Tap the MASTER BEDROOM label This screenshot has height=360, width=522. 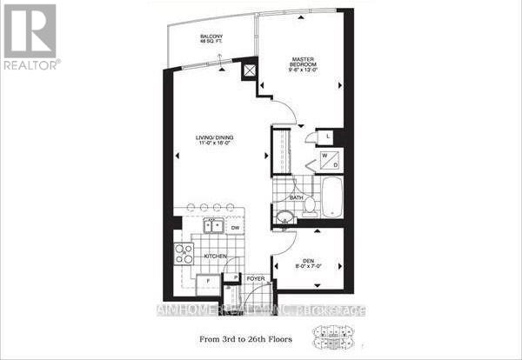301,65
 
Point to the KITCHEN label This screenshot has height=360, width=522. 216,257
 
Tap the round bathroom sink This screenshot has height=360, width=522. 284,217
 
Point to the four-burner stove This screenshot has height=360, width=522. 184,254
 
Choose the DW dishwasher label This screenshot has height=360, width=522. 236,228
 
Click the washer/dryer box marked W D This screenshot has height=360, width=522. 326,159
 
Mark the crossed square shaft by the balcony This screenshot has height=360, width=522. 250,71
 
